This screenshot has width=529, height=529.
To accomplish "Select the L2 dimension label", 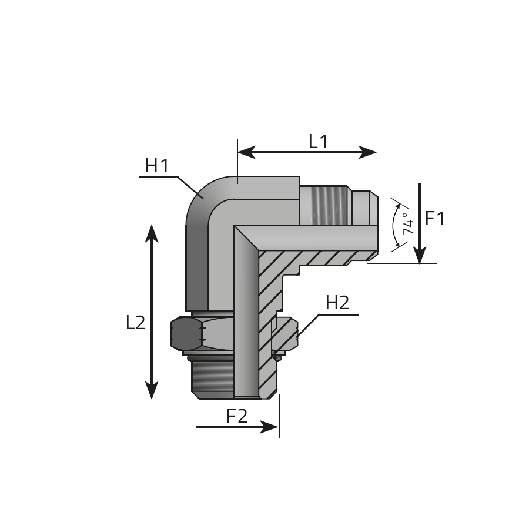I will [x=135, y=323].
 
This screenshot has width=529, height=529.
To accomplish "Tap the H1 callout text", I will [x=157, y=166].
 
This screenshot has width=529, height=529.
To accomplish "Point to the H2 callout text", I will [x=337, y=303].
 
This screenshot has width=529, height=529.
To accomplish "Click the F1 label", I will [x=435, y=219].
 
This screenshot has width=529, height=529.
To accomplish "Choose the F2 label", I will [x=237, y=416].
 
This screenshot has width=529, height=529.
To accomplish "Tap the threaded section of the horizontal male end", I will [x=326, y=205].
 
